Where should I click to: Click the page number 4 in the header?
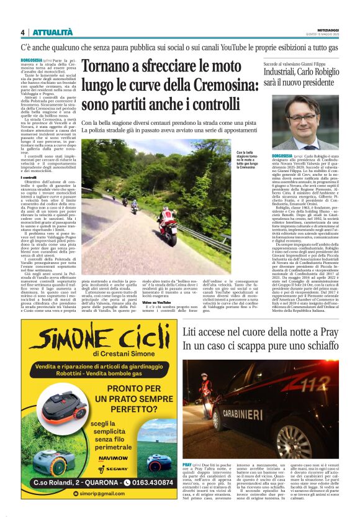click(x=22, y=32)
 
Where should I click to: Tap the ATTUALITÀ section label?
click(x=52, y=32)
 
